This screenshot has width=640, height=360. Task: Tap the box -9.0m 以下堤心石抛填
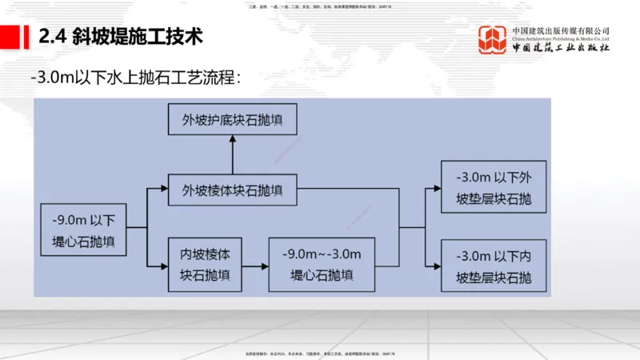(x=84, y=230)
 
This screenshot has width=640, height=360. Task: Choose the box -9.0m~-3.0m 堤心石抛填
(x=322, y=265)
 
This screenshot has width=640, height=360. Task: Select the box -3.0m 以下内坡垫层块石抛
(x=493, y=268)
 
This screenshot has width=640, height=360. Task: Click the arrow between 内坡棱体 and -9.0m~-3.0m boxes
(x=256, y=265)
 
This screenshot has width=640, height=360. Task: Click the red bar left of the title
(x=13, y=35)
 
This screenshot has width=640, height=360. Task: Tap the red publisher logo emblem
(x=493, y=40)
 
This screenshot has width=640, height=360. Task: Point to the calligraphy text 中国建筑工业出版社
(x=561, y=47)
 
